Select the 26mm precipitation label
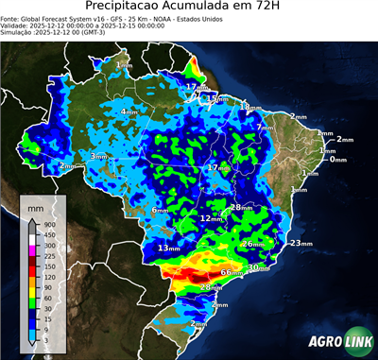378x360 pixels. tap(251, 244)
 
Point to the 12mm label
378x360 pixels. tap(210, 218)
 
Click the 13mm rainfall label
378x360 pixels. tap(168, 248)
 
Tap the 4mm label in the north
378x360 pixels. tap(129, 112)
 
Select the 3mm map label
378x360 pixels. tap(99, 156)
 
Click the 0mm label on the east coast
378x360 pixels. tap(337, 160)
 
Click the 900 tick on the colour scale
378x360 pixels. tap(48, 224)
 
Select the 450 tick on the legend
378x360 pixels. tap(48, 235)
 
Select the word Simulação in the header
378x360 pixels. tap(19, 32)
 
